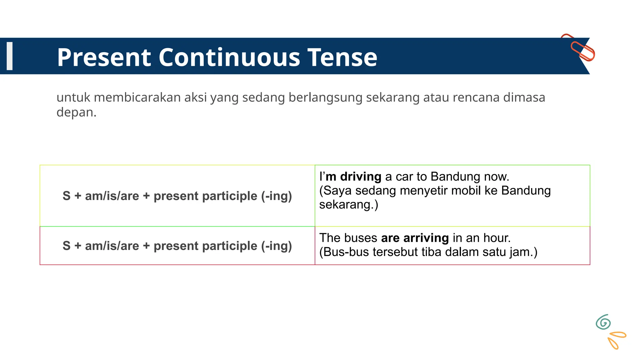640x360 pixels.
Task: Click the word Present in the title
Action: coord(103,57)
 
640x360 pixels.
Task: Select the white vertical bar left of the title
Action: coord(10,56)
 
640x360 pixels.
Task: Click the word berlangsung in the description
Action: coord(325,97)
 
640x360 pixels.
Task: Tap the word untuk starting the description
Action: coord(73,97)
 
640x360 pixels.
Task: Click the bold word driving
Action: coord(361,177)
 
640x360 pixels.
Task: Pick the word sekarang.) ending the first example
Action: coord(348,205)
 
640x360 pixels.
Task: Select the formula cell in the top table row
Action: coord(177,196)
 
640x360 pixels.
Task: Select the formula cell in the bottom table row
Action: coord(177,246)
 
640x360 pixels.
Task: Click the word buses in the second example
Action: coord(361,238)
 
